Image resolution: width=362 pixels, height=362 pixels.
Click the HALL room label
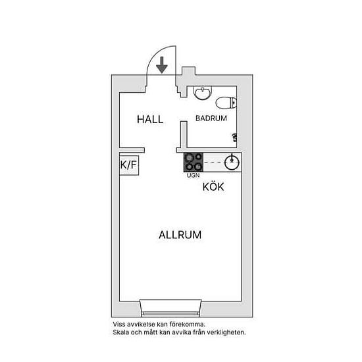(150, 119)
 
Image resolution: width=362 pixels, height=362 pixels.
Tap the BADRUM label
(211, 118)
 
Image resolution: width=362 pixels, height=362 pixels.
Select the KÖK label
(213, 186)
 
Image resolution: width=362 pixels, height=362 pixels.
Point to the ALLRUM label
(180, 235)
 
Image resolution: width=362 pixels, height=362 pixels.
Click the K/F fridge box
(129, 165)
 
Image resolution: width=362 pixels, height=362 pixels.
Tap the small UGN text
(194, 176)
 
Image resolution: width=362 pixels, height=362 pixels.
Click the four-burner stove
(194, 163)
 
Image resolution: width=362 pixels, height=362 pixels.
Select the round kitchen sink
(232, 163)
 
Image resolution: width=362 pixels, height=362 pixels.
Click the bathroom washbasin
(203, 92)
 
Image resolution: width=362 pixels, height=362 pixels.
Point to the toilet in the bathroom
(226, 103)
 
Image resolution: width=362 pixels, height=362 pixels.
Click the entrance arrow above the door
(162, 65)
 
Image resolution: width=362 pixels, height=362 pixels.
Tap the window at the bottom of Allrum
(170, 308)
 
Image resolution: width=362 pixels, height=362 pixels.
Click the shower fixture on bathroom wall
(234, 137)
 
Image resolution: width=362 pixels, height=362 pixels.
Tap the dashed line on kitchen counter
(214, 163)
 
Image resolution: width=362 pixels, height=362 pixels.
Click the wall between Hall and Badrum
(184, 134)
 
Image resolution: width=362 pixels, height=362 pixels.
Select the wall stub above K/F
(132, 150)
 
